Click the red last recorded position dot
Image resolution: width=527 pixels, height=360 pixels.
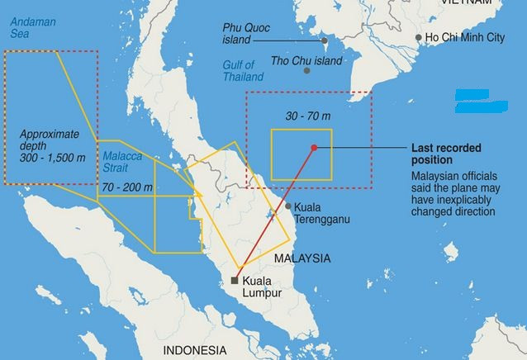314,148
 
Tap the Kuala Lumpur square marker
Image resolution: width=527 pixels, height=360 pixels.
235,281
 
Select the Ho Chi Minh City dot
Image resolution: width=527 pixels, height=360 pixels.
419,38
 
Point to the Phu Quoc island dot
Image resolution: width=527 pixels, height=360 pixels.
325,40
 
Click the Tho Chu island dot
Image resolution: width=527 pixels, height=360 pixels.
307,70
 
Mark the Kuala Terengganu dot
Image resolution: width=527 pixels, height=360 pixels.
288,206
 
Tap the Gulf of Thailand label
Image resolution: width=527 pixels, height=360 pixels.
243,70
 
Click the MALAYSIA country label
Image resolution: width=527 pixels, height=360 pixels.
302,258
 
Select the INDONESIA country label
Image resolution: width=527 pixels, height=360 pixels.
194,350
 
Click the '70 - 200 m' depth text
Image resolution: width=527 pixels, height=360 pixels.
127,188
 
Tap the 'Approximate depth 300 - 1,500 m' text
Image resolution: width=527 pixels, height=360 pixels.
50,144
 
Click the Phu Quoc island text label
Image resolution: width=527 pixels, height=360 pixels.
249,33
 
